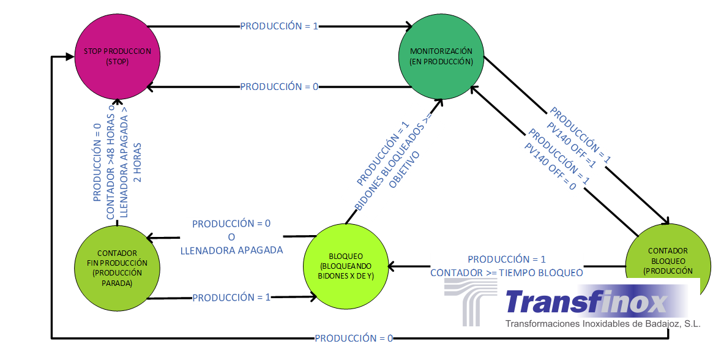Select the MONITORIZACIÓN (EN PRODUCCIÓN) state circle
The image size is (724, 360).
coord(441,56)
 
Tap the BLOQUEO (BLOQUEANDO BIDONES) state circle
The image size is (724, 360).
coord(346,266)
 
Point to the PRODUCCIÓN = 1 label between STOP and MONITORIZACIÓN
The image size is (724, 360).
coord(279,26)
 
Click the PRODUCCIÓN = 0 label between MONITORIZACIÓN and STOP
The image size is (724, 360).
coord(279,87)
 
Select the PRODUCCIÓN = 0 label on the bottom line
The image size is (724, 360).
coord(354,338)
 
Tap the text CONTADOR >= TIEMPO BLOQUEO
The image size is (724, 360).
coord(507,272)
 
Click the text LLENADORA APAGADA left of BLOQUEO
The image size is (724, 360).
coord(231,250)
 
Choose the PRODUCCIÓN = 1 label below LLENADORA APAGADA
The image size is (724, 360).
coord(231,298)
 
